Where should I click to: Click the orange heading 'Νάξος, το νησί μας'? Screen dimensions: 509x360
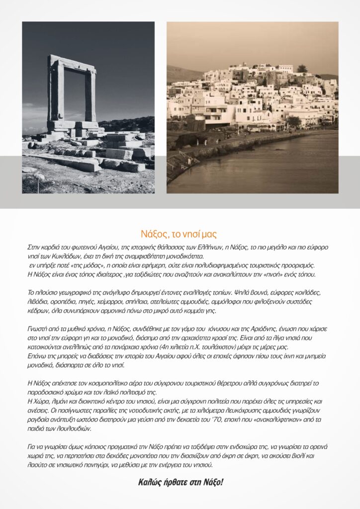(180, 234)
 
